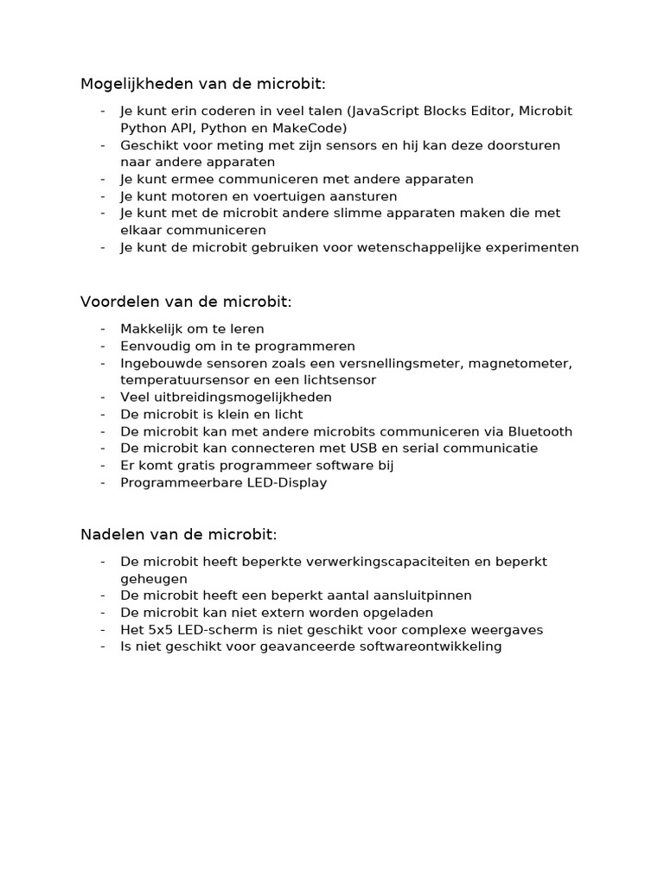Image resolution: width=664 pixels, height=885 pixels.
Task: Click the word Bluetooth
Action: coord(539,431)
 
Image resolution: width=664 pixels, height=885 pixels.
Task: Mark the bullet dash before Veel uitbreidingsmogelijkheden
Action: coord(103,397)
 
